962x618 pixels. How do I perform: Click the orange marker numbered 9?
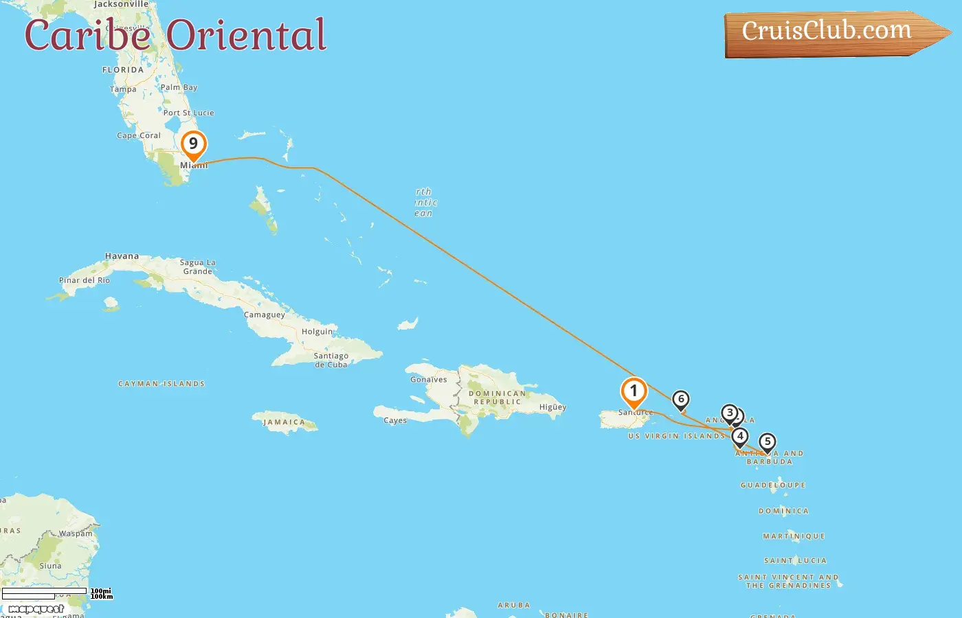tap(194, 144)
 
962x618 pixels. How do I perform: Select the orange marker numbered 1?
tap(634, 391)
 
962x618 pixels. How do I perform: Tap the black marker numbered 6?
tap(681, 400)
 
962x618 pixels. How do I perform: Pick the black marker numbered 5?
tap(768, 442)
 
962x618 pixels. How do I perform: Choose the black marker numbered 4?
tap(740, 436)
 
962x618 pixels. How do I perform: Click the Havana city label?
tap(122, 256)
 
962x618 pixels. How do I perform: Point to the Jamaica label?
tap(284, 422)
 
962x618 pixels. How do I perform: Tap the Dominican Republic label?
tap(497, 398)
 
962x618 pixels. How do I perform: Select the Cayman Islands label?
tap(161, 384)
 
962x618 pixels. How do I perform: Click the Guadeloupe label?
tap(773, 485)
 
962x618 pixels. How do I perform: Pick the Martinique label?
tap(794, 536)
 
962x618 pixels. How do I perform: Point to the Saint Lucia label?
tap(796, 561)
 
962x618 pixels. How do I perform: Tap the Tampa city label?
tap(123, 89)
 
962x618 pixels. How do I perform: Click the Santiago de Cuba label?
tap(331, 360)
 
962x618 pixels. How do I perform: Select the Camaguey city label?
tap(265, 314)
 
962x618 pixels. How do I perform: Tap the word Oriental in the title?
tap(247, 35)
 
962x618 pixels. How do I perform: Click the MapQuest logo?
tap(36, 609)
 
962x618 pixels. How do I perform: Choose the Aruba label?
tap(514, 606)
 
